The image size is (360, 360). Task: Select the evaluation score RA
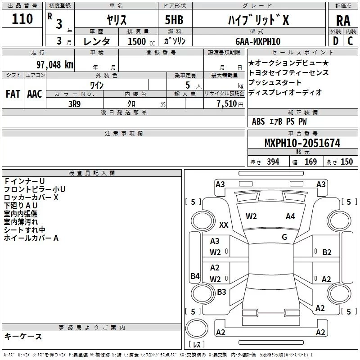tap(343, 21)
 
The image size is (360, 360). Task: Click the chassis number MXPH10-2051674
tap(302, 144)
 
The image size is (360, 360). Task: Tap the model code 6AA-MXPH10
tap(258, 41)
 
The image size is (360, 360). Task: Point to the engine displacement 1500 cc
tap(138, 41)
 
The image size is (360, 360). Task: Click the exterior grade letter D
tap(335, 41)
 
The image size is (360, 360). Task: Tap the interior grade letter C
tap(350, 41)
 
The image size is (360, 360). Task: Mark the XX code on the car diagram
tap(224, 225)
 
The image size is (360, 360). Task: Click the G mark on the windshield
tap(284, 237)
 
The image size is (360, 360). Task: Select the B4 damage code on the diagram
tap(195, 276)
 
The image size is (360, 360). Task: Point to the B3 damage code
tap(221, 292)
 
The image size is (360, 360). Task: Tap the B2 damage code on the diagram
tap(327, 252)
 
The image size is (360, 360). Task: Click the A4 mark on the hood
tap(290, 216)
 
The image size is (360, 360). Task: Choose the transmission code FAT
tap(13, 94)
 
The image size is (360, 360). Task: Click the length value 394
tap(273, 162)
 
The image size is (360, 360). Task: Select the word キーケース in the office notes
tap(23, 336)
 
